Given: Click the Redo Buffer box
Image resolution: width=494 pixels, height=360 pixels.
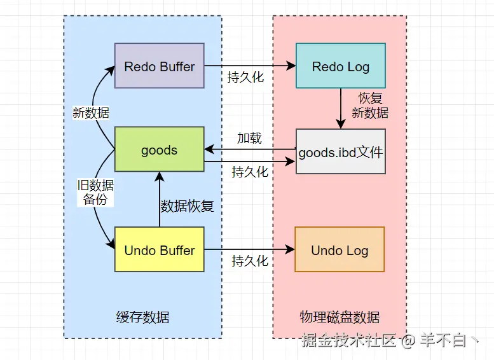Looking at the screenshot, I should pos(159,66).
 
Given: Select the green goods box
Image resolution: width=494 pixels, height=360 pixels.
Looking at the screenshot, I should pos(159,150).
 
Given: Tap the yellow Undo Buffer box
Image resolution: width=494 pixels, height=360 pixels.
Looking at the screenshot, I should pos(159,250).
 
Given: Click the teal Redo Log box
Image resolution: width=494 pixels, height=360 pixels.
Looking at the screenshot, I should pos(340,66).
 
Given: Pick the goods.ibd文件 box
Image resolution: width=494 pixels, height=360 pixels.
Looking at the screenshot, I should pos(340,152).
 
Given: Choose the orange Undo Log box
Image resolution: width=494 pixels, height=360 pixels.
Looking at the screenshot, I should pos(340,250).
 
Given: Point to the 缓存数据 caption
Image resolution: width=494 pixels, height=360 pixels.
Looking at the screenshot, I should pos(143,317).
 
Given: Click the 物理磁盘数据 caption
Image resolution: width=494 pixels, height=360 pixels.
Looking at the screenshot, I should pos(340,317).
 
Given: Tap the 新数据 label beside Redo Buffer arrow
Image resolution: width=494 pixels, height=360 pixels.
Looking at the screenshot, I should pos(91,113).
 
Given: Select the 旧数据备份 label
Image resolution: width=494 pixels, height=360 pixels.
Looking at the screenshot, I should pos(95,192).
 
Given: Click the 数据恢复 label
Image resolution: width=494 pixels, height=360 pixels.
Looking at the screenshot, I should pos(187,205).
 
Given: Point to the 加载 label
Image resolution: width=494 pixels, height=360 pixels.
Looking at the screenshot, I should pos(249,138).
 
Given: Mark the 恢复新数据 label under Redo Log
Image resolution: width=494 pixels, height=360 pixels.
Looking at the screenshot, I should pos(370,106).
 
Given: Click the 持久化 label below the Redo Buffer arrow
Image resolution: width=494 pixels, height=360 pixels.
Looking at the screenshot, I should pos(245,78).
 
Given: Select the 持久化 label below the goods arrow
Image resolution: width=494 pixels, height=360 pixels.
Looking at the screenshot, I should pos(250,172).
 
